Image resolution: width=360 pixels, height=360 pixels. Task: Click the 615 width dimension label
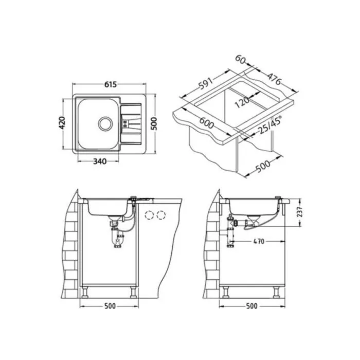click(x=111, y=84)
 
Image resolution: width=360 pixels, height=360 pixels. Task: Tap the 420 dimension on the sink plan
click(x=62, y=123)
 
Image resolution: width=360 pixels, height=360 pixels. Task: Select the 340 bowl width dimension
click(x=100, y=161)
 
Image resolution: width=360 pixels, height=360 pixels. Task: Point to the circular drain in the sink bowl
click(x=105, y=123)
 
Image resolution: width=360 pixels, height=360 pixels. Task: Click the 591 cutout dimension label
click(x=206, y=83)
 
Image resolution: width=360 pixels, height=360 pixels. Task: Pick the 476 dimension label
click(x=274, y=79)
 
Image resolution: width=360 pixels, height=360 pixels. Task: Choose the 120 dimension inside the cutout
click(x=242, y=102)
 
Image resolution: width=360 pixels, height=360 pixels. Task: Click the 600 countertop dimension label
click(x=207, y=123)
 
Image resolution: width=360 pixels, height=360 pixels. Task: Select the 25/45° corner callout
click(x=270, y=124)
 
